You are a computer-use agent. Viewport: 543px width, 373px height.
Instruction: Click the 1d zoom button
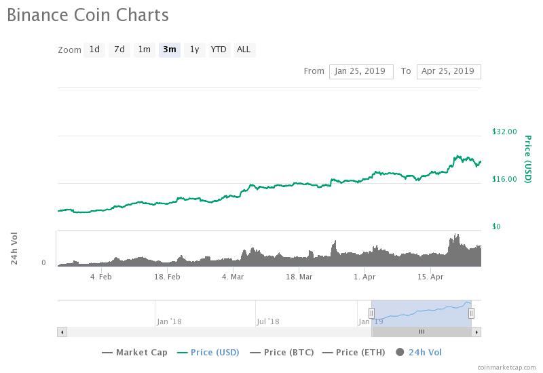(x=94, y=50)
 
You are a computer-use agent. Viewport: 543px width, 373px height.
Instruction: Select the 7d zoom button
(x=119, y=50)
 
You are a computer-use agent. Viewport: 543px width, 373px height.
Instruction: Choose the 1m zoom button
(x=144, y=50)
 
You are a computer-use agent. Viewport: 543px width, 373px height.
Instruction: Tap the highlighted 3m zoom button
(x=169, y=50)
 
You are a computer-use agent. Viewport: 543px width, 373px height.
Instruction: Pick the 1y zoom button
(x=194, y=50)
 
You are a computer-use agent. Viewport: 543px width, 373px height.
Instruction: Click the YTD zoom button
(x=219, y=50)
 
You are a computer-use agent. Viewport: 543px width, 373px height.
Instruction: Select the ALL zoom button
(x=244, y=50)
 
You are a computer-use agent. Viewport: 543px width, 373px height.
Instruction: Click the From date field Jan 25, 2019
(x=361, y=71)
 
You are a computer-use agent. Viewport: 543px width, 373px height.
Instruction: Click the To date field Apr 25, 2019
(x=449, y=71)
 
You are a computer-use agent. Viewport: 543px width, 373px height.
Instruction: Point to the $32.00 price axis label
(x=504, y=132)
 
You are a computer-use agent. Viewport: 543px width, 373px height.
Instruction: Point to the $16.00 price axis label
(x=504, y=179)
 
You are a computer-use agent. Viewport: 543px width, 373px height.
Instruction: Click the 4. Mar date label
(x=233, y=277)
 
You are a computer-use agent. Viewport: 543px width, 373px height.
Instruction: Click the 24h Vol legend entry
(x=419, y=352)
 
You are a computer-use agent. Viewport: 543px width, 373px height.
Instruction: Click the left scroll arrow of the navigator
(x=62, y=332)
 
